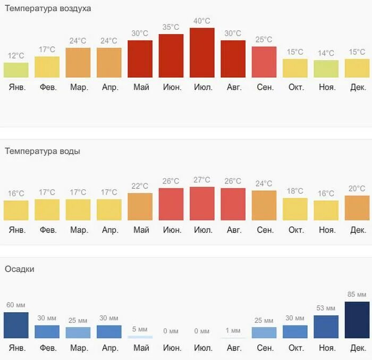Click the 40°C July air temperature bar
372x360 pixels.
pyautogui.click(x=202, y=53)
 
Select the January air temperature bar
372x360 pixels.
pyautogui.click(x=16, y=70)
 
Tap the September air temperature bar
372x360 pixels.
pyautogui.click(x=264, y=62)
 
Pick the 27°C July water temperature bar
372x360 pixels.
pyautogui.click(x=202, y=204)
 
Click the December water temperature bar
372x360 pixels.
pyautogui.click(x=357, y=208)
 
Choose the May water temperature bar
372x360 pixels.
pyautogui.click(x=140, y=206)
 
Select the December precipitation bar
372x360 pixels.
pyautogui.click(x=357, y=320)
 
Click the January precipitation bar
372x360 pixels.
pyautogui.click(x=16, y=325)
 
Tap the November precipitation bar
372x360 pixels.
pyautogui.click(x=326, y=326)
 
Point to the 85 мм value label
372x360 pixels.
pyautogui.click(x=357, y=295)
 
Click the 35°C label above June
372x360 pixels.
pyautogui.click(x=171, y=27)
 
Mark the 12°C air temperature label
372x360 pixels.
pyautogui.click(x=16, y=55)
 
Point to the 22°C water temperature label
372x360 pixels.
pyautogui.click(x=140, y=186)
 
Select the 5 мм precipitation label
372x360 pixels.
pyautogui.click(x=140, y=329)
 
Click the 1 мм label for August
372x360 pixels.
pyautogui.click(x=233, y=331)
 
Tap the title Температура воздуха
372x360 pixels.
pyautogui.click(x=48, y=9)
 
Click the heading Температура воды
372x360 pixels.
pyautogui.click(x=43, y=151)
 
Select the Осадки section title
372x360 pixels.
pyautogui.click(x=20, y=269)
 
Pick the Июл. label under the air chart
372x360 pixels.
pyautogui.click(x=202, y=87)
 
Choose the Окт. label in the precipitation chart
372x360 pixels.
pyautogui.click(x=295, y=349)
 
